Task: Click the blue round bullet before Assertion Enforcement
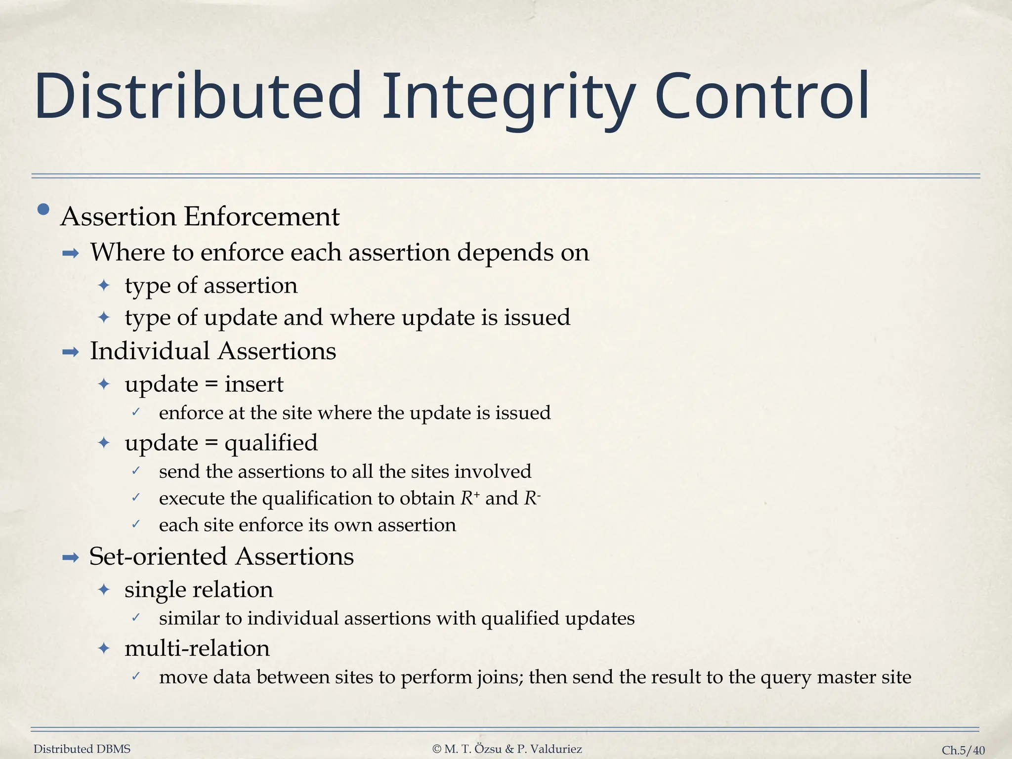[43, 210]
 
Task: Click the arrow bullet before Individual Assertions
[71, 352]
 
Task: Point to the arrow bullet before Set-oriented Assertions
[71, 558]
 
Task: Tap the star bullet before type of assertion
[104, 286]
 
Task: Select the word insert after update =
[254, 384]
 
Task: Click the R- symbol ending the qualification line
[532, 498]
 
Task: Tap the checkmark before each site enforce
[136, 524]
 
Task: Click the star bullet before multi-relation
[104, 648]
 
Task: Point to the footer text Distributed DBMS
[82, 749]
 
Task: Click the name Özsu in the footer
[488, 749]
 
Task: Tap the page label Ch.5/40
[963, 750]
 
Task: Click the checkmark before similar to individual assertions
[136, 617]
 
